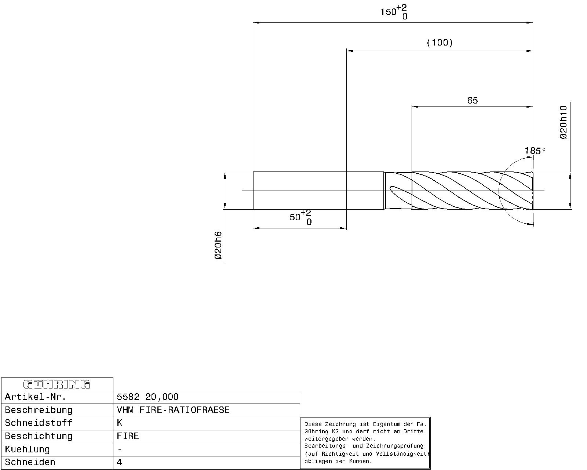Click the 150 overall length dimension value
click(x=389, y=12)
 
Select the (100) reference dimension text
click(x=440, y=42)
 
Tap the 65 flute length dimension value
click(x=473, y=101)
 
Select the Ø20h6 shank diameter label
click(x=218, y=245)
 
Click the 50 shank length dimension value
click(x=295, y=217)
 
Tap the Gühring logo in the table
click(x=57, y=384)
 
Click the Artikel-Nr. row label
click(x=36, y=397)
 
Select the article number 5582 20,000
click(x=147, y=397)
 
